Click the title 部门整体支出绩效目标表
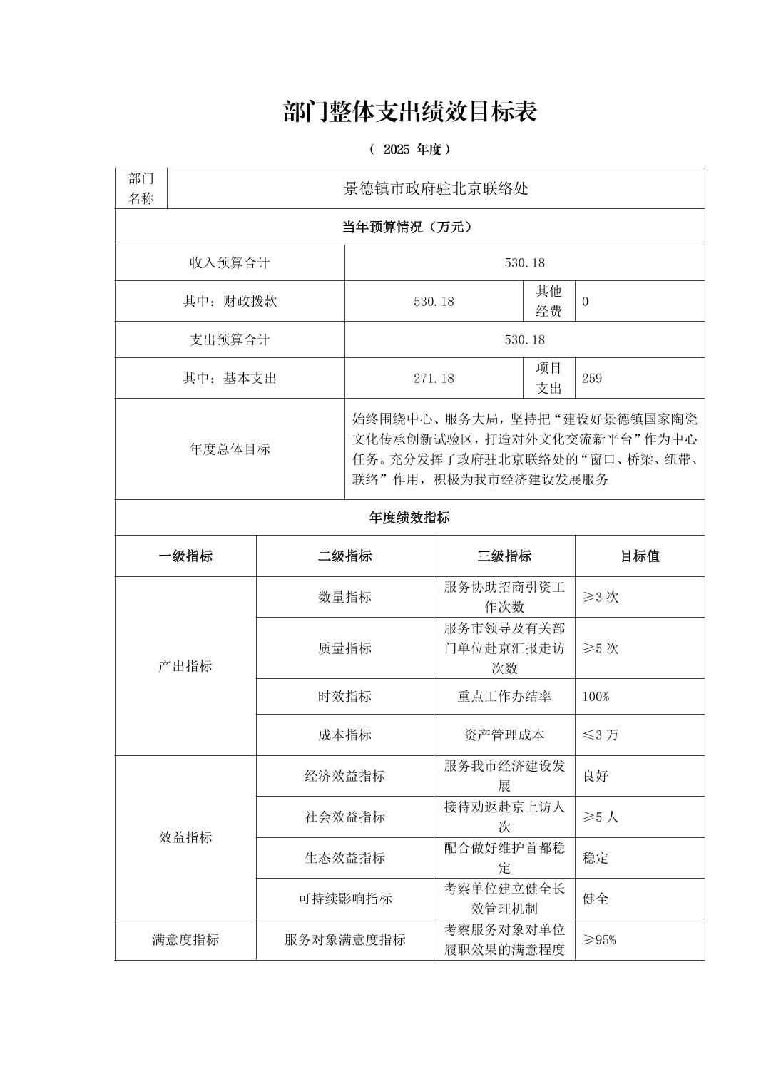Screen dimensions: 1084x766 click(409, 112)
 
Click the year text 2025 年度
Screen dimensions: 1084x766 click(409, 150)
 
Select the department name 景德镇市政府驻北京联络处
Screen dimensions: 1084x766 click(436, 189)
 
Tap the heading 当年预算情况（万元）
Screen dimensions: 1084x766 click(409, 227)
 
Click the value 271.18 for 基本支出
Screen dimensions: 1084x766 click(434, 378)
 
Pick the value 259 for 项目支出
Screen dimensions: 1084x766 click(592, 378)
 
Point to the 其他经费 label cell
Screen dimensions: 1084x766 click(548, 301)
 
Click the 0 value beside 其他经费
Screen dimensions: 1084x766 click(586, 301)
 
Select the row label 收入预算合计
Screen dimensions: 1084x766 click(230, 262)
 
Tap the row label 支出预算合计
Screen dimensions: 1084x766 click(230, 339)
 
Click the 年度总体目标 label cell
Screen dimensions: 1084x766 click(230, 449)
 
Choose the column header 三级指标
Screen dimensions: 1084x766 click(504, 556)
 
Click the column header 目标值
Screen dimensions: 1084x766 click(639, 556)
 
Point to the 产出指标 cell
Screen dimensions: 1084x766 click(185, 666)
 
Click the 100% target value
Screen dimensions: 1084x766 click(596, 696)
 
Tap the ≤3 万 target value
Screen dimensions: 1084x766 click(601, 735)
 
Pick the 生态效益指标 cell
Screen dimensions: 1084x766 click(344, 858)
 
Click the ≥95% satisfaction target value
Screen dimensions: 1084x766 click(599, 940)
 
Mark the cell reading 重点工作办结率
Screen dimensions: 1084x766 click(504, 696)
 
